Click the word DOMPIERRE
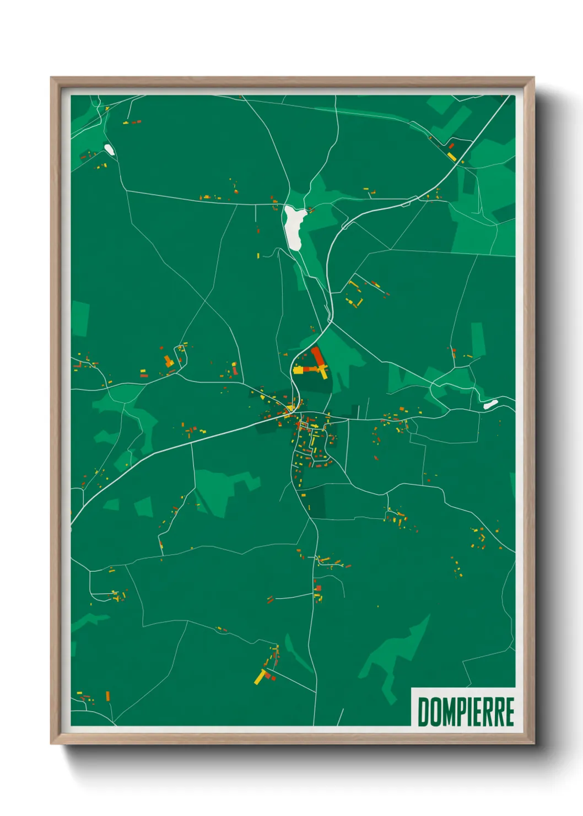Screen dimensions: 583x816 pyautogui.click(x=466, y=712)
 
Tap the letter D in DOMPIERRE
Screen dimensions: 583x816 pyautogui.click(x=424, y=712)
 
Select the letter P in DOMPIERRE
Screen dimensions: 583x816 pyautogui.click(x=463, y=712)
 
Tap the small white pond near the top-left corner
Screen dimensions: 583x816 pyautogui.click(x=109, y=149)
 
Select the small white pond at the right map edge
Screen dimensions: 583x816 pyautogui.click(x=490, y=404)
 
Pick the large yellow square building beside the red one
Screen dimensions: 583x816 pyautogui.click(x=298, y=370)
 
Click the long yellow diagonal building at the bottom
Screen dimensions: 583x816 pyautogui.click(x=260, y=677)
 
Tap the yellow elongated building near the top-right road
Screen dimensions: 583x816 pyautogui.click(x=452, y=157)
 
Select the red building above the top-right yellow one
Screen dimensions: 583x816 pyautogui.click(x=451, y=146)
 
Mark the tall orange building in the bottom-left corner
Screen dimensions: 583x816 pyautogui.click(x=108, y=696)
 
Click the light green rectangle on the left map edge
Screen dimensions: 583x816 pyautogui.click(x=80, y=319)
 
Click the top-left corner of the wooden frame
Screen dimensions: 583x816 pyautogui.click(x=51, y=78)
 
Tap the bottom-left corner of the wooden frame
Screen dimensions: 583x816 pyautogui.click(x=51, y=743)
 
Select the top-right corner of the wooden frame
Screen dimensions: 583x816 pyautogui.click(x=533, y=78)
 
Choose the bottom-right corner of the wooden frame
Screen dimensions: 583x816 pyautogui.click(x=533, y=743)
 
